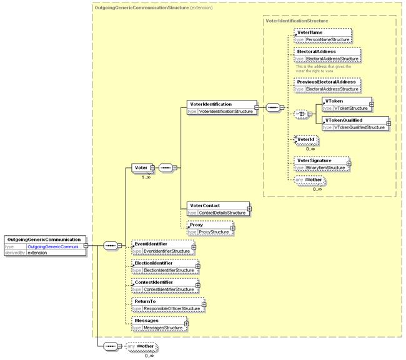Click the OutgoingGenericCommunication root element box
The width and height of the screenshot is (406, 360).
click(x=44, y=245)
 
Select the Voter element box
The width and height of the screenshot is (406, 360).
click(x=141, y=167)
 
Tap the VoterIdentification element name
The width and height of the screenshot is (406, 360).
click(x=210, y=104)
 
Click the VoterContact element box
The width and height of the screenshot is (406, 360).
click(x=216, y=209)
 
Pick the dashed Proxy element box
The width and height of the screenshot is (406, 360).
click(x=208, y=228)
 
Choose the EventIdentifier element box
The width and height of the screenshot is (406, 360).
click(x=161, y=247)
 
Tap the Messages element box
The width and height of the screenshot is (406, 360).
click(x=157, y=324)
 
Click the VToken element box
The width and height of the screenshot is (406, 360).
click(x=345, y=104)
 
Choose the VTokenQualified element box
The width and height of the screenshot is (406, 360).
click(x=354, y=123)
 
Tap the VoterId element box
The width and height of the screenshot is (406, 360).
click(x=304, y=141)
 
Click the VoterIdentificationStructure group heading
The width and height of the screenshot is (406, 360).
click(x=297, y=21)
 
